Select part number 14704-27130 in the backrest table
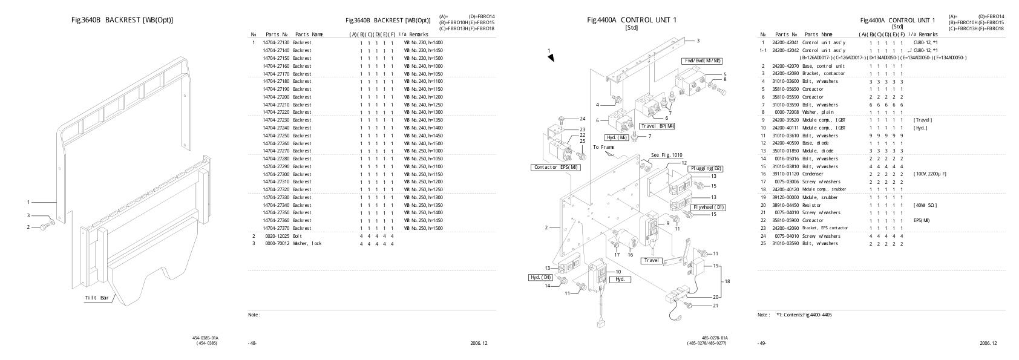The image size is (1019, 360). click(276, 43)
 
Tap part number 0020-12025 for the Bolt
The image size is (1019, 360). click(276, 236)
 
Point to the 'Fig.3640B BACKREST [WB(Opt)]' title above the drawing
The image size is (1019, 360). click(122, 20)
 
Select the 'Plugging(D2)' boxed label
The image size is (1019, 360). click(705, 168)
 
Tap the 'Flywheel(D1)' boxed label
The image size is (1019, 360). click(707, 207)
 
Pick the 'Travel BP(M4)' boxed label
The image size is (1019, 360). click(657, 126)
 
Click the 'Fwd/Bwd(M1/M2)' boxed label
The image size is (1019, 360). click(702, 61)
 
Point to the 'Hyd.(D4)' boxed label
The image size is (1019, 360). click(540, 277)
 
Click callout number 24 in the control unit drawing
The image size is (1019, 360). click(583, 119)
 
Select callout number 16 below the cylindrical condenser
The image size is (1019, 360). click(630, 255)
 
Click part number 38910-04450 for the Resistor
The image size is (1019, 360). click(785, 205)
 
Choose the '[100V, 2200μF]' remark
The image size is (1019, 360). click(930, 174)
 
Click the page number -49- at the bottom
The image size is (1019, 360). click(761, 344)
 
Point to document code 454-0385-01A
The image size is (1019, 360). click(205, 338)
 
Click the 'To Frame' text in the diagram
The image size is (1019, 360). click(604, 147)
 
